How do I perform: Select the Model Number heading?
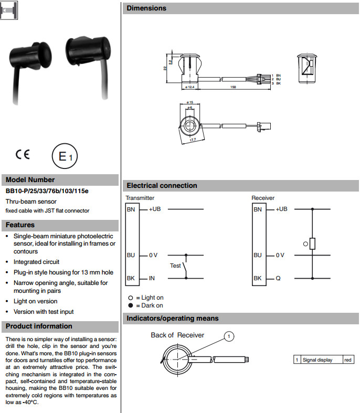[30, 179]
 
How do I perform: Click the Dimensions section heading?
[146, 8]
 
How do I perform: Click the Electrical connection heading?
[162, 186]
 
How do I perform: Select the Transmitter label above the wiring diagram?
[140, 198]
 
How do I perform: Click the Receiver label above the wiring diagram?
[263, 198]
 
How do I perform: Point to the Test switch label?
[175, 266]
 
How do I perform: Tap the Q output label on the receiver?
[278, 278]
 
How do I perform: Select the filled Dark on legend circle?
[131, 305]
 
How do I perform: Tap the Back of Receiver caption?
[177, 335]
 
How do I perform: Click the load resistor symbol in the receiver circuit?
[312, 243]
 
